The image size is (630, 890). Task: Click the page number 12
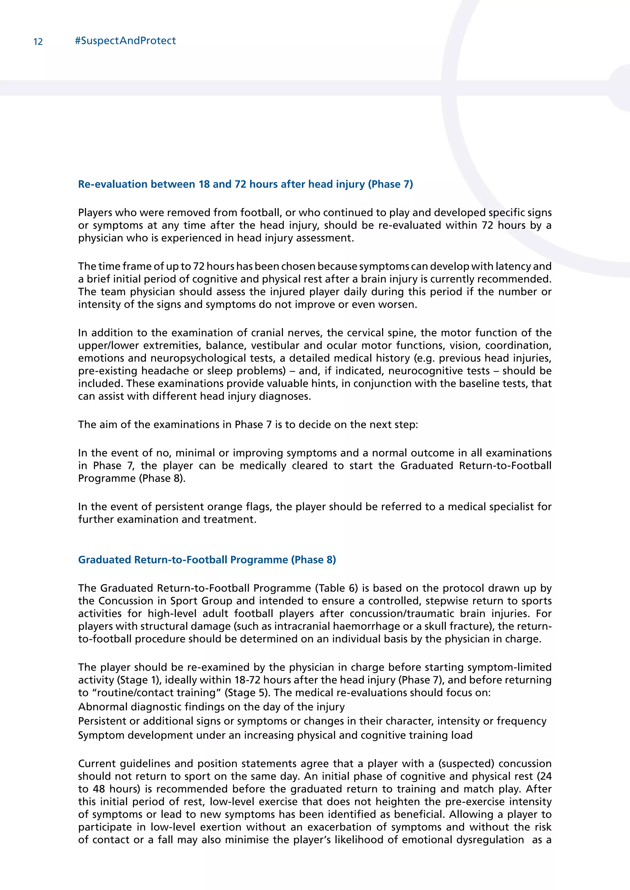coord(38,42)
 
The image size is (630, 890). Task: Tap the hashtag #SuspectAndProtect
coord(125,41)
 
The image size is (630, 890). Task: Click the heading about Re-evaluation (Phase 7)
coord(245,184)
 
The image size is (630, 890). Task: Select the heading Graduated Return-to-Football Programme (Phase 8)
coord(207,560)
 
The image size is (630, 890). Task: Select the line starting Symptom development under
coord(275,735)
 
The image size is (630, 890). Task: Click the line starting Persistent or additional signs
coord(312,721)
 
